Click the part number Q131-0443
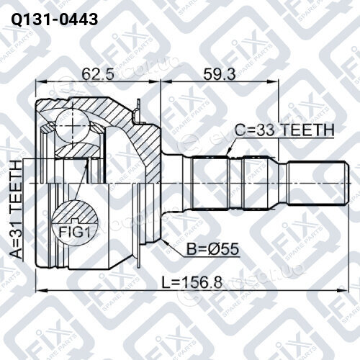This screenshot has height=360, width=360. (55, 19)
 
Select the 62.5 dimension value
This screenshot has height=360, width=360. (98, 74)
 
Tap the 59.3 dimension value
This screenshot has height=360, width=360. (220, 74)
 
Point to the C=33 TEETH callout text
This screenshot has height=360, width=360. (284, 130)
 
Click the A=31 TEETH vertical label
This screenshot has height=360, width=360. (16, 210)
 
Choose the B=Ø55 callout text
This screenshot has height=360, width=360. (213, 249)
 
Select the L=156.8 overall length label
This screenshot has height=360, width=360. (192, 282)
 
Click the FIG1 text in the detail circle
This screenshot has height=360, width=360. (75, 232)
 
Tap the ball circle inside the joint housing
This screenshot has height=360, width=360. (73, 127)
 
